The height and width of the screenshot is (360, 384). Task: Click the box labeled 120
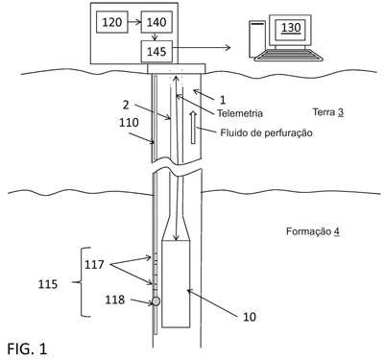coord(112,22)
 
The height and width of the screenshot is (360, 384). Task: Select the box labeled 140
coord(156,22)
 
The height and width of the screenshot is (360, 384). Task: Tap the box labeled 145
coord(156,52)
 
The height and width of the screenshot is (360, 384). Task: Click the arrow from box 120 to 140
coord(134,22)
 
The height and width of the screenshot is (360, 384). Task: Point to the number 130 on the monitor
coord(291,28)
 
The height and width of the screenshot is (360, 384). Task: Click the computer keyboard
coord(288,55)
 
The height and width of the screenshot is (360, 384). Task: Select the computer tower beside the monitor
coord(257,37)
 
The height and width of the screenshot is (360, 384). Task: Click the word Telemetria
coord(240,113)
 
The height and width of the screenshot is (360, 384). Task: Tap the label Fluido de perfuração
coord(266,132)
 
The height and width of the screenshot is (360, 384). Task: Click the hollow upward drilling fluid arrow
coord(193,127)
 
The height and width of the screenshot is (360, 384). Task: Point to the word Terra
coord(324,112)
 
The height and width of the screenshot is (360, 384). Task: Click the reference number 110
coord(129,122)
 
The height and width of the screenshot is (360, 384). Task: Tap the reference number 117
coord(94,265)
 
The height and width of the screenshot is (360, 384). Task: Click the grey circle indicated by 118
coord(156,301)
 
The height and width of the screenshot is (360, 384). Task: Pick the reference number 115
coord(48,284)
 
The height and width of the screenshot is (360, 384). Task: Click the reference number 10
coord(250,317)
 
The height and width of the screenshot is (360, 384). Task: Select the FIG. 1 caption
coord(27,348)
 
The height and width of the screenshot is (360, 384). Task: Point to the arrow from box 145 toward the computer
coord(202,48)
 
